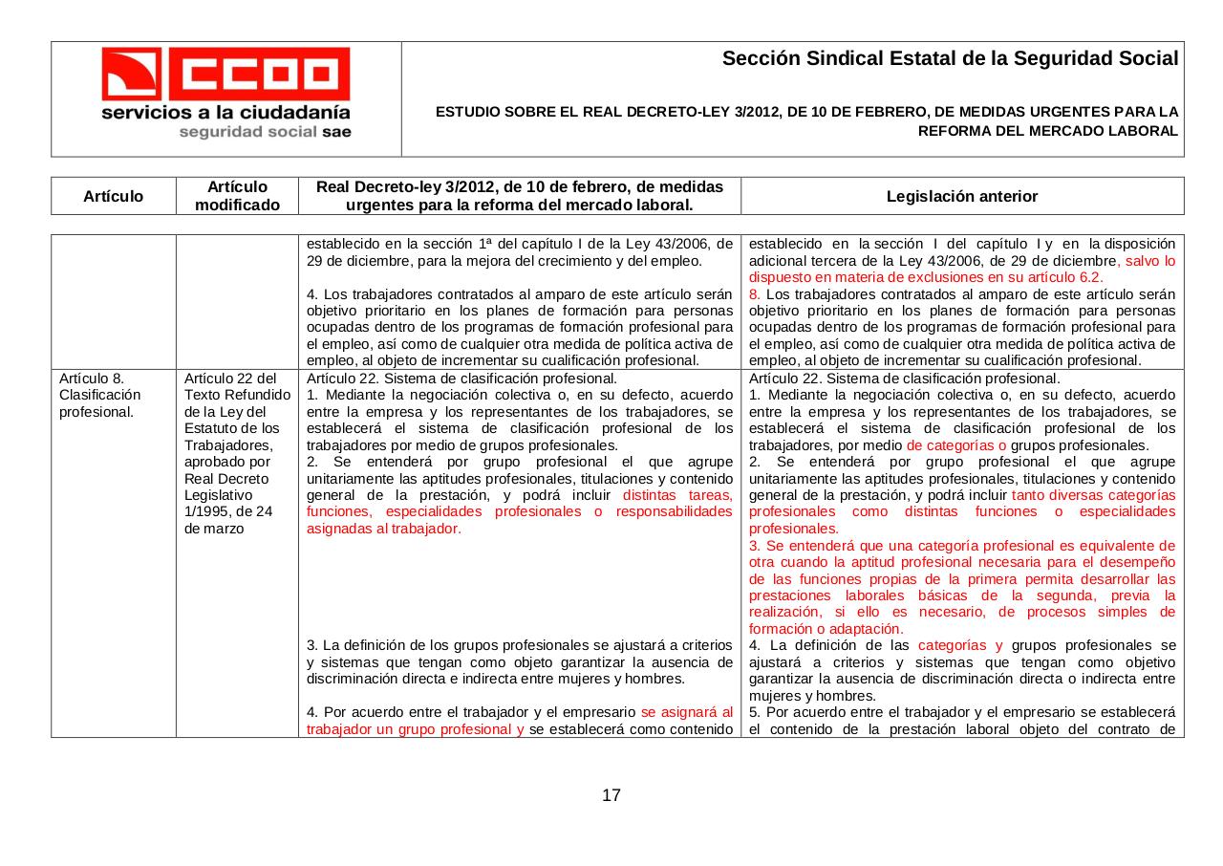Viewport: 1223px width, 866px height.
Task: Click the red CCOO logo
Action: [x=226, y=74]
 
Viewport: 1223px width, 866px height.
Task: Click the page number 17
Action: [x=611, y=795]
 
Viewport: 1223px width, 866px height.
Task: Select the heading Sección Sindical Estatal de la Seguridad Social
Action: [x=950, y=59]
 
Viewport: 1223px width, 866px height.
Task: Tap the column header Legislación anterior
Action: [x=961, y=196]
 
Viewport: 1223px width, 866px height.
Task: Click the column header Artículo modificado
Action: [x=237, y=196]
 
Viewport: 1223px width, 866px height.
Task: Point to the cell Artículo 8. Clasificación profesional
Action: [x=99, y=395]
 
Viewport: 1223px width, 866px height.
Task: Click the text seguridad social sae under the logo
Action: [x=265, y=132]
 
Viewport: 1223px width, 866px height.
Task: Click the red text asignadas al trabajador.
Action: [x=384, y=529]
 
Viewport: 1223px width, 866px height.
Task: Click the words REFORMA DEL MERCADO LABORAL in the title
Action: [x=1047, y=131]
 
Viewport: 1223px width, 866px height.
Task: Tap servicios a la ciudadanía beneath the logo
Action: [x=226, y=112]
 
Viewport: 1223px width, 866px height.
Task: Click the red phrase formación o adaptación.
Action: [x=826, y=629]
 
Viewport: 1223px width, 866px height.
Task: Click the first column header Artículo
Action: [x=113, y=196]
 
